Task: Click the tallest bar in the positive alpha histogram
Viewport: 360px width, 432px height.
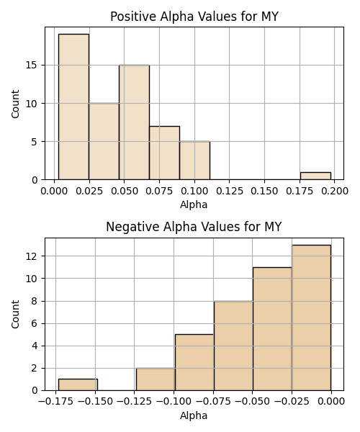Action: [x=74, y=107]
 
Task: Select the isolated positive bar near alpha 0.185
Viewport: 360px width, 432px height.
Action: [x=315, y=176]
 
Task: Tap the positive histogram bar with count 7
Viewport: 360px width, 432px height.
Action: [x=164, y=153]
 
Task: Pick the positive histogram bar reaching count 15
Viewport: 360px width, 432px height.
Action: [x=134, y=122]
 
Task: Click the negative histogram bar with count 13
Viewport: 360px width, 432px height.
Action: [x=311, y=318]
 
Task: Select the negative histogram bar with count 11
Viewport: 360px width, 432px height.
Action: [x=272, y=329]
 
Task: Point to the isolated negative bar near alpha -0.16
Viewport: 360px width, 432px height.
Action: [x=78, y=384]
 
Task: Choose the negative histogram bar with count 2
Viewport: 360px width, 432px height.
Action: [x=156, y=379]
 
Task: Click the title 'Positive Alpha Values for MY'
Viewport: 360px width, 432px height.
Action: [x=194, y=17]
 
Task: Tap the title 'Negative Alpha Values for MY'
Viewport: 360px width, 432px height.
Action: [x=194, y=227]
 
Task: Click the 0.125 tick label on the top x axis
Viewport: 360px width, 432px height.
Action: [x=230, y=191]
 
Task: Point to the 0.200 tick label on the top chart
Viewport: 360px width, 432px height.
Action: [x=335, y=191]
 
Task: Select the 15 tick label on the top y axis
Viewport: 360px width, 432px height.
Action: [x=32, y=66]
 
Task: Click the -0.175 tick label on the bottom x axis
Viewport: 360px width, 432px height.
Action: [x=56, y=402]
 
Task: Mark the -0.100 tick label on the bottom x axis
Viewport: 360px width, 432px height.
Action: [x=174, y=402]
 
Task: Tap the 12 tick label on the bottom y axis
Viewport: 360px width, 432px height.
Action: [x=32, y=256]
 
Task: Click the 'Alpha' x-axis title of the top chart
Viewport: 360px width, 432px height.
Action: [x=194, y=204]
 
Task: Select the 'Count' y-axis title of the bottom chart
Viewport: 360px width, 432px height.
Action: [x=15, y=314]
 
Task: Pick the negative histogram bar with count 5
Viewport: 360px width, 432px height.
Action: [x=194, y=362]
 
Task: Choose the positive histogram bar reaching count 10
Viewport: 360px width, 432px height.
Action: [x=104, y=141]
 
